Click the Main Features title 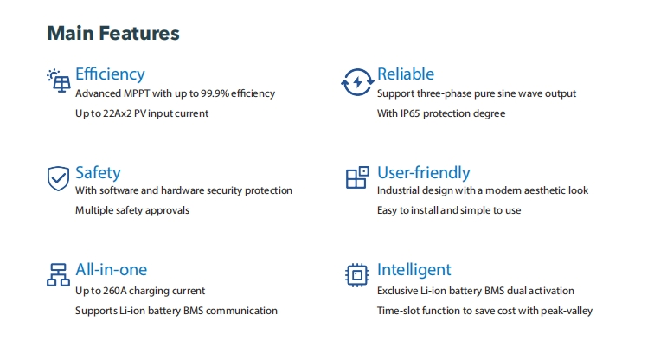(x=113, y=34)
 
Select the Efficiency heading (x=110, y=74)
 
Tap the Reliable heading (x=406, y=74)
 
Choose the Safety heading (x=98, y=173)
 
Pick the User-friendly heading (x=423, y=173)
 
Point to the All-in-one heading (x=111, y=269)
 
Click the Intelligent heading (x=414, y=270)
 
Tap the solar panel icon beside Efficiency (x=59, y=80)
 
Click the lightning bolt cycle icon (x=357, y=82)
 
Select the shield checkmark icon (x=58, y=178)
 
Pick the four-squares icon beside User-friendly (x=357, y=177)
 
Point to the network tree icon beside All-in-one (x=58, y=274)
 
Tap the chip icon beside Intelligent (x=357, y=275)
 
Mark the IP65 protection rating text (x=410, y=113)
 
